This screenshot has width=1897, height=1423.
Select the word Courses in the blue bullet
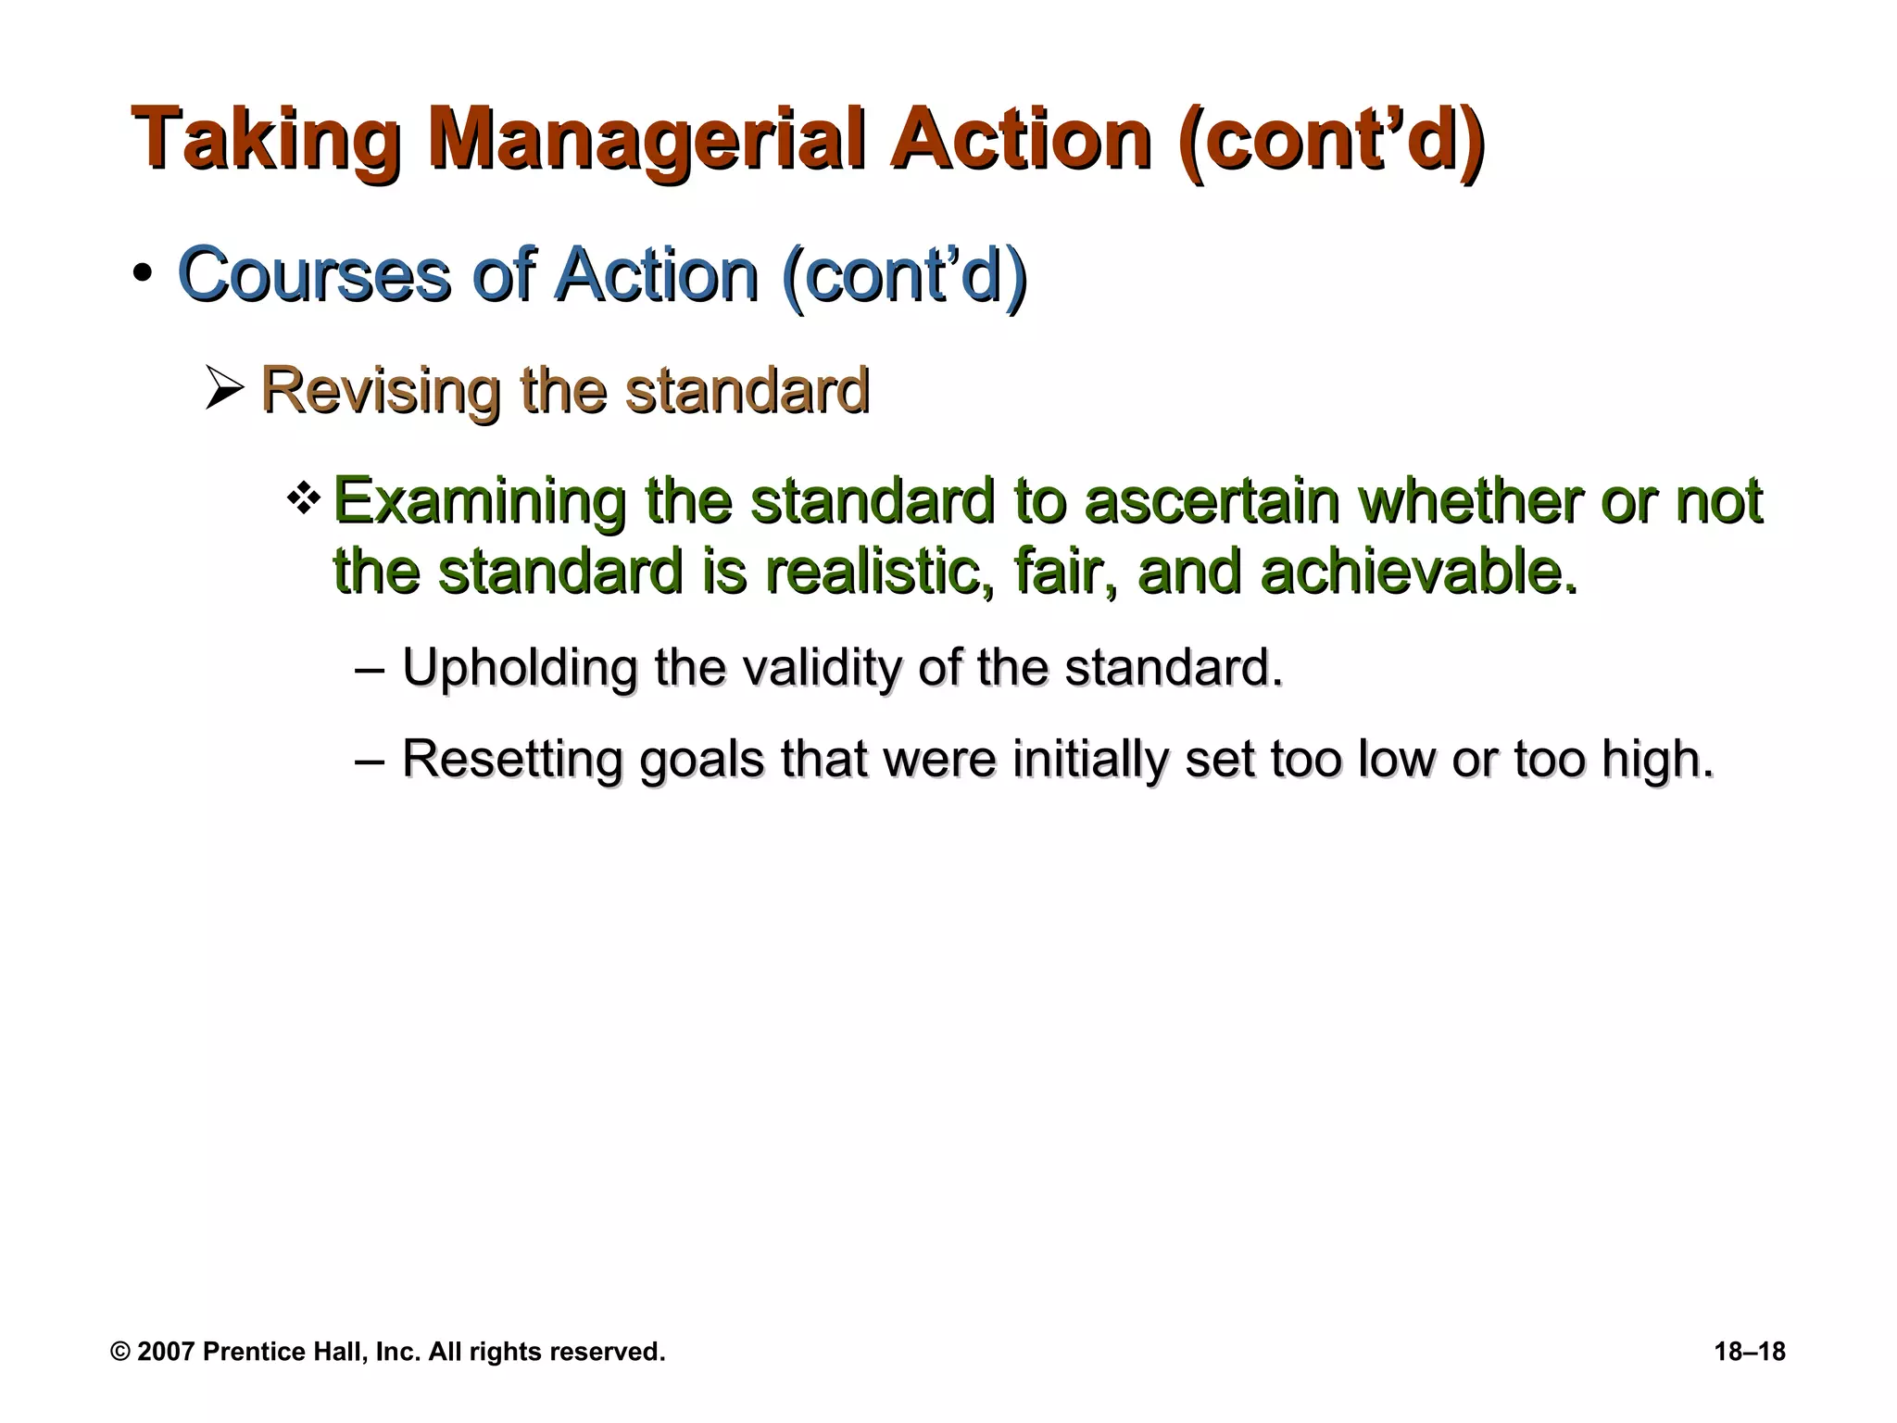(314, 275)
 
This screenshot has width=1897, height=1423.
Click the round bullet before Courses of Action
(142, 275)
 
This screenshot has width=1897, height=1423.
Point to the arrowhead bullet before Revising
(224, 389)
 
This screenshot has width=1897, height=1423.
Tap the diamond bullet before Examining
(304, 500)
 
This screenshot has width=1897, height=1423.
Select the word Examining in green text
(478, 502)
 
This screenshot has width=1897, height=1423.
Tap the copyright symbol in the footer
(119, 1352)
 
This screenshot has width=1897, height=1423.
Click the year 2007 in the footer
(166, 1352)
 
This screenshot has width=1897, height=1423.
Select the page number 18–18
(1750, 1352)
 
